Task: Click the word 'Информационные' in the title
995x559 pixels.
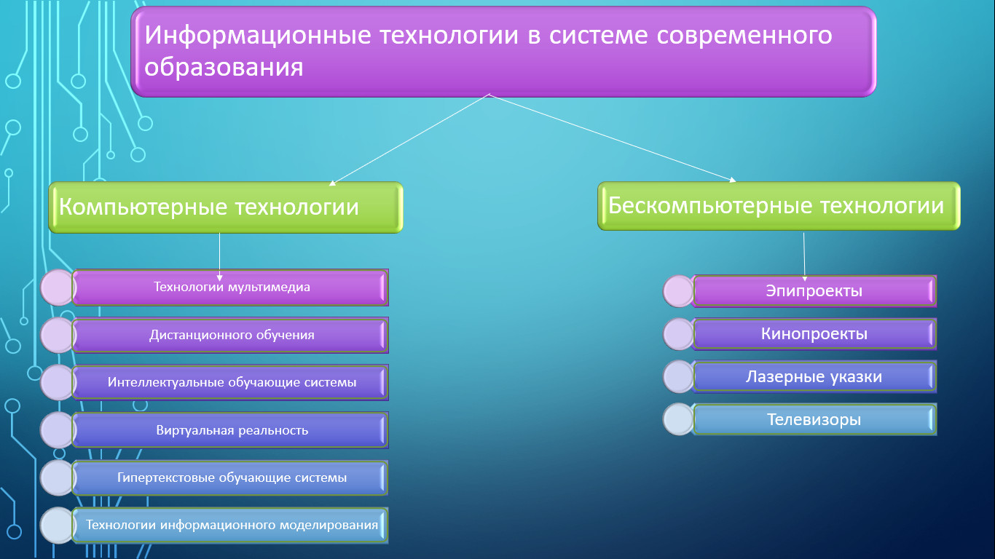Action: tap(258, 36)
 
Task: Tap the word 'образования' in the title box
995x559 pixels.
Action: tap(224, 68)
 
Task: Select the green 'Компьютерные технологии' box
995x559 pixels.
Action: tap(226, 207)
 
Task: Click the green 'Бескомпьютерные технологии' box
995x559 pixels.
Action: tap(779, 205)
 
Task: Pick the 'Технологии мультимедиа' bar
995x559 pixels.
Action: tap(230, 288)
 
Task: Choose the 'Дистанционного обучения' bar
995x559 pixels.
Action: tap(230, 336)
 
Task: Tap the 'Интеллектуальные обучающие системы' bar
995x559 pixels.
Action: tap(230, 382)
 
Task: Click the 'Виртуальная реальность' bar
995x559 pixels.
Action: tap(230, 429)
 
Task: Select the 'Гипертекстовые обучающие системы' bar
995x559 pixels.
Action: tap(230, 477)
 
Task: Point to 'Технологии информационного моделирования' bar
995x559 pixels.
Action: tap(230, 526)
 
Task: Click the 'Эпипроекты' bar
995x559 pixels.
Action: tap(814, 291)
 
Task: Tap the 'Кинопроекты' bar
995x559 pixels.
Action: tap(814, 334)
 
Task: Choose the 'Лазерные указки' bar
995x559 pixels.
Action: tap(814, 376)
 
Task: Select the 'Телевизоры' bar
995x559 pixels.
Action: tap(814, 419)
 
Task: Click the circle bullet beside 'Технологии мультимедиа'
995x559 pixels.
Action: tap(58, 288)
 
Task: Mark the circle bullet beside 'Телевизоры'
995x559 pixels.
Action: tap(678, 419)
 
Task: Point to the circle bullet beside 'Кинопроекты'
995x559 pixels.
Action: tap(678, 334)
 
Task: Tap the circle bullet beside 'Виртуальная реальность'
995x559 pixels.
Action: tap(58, 429)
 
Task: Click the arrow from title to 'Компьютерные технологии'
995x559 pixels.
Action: tap(409, 140)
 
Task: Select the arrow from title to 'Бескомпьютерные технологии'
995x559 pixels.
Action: tap(613, 138)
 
